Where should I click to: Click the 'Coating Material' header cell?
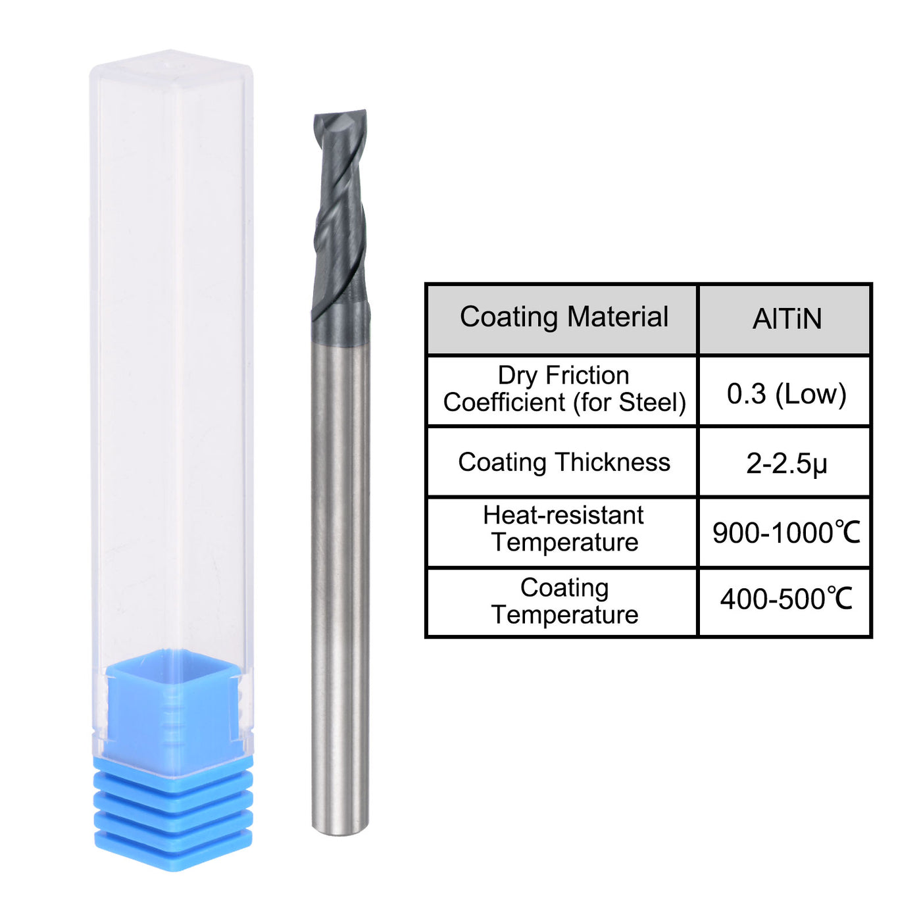pos(563,318)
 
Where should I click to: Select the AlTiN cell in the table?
pos(786,319)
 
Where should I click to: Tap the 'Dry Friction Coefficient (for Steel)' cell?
pos(563,389)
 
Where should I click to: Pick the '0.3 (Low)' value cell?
pos(786,393)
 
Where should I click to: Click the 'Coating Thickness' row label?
pos(563,462)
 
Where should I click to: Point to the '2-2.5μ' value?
pos(786,464)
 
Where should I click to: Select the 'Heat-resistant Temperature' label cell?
pos(563,529)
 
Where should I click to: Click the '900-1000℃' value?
pos(786,533)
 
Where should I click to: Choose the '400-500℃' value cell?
pos(786,599)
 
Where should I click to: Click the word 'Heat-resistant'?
pos(563,516)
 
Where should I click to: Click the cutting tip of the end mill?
pos(340,118)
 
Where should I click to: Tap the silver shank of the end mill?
pos(339,559)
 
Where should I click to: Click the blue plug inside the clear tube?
pos(172,704)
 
